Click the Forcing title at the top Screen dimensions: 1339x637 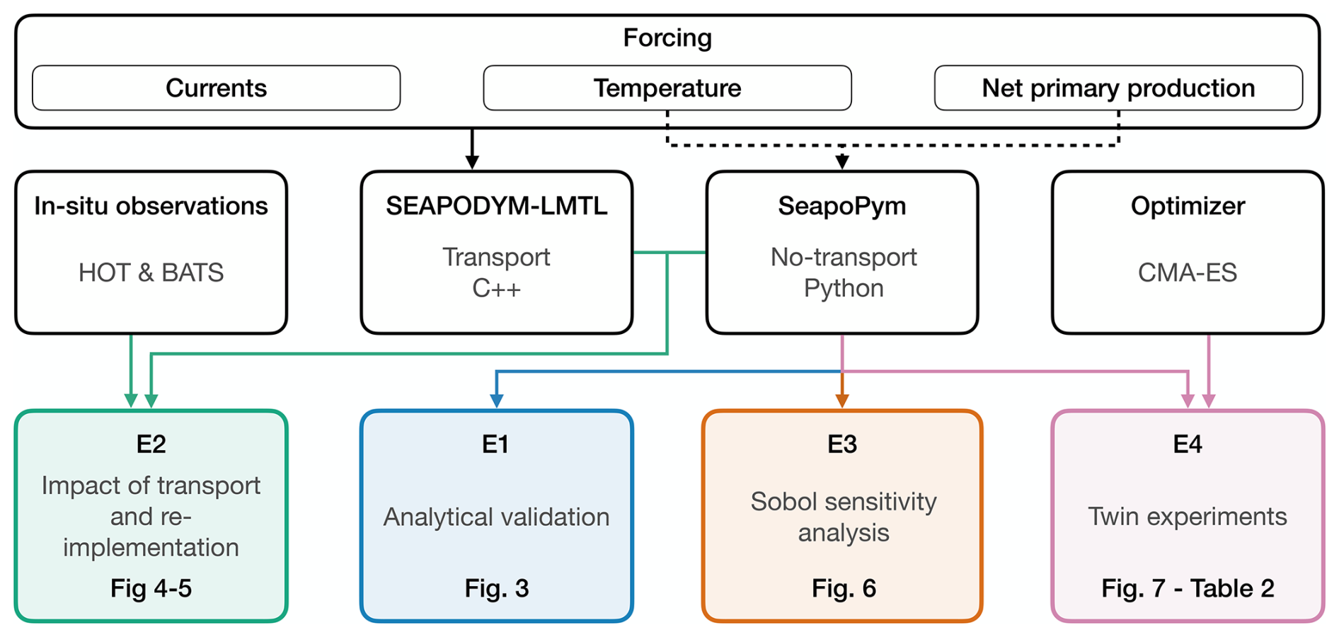click(667, 38)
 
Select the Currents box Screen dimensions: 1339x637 click(217, 88)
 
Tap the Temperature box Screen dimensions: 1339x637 click(667, 88)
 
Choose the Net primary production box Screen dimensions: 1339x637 click(1118, 88)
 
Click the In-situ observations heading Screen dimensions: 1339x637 click(151, 206)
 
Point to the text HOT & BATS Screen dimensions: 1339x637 click(151, 272)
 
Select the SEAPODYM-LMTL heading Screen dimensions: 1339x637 click(496, 206)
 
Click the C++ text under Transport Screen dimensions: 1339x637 click(496, 289)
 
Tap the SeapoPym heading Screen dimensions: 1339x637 click(842, 207)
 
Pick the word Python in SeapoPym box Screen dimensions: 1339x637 click(843, 289)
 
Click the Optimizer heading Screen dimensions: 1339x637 click(1188, 207)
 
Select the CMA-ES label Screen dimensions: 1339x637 click(1188, 272)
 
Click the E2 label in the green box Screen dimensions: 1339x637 click(151, 444)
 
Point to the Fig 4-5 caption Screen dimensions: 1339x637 click(151, 588)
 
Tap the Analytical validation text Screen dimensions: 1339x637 click(496, 517)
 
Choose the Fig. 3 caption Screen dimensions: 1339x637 click(496, 588)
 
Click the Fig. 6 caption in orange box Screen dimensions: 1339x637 click(844, 588)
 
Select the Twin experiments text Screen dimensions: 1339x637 click(1188, 517)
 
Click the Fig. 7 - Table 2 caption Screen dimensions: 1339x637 click(1188, 588)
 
